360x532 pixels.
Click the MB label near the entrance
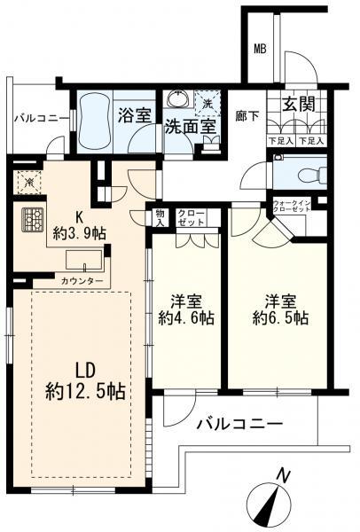pos(261,48)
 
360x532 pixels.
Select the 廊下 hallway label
pos(247,114)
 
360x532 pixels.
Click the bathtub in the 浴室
pos(92,121)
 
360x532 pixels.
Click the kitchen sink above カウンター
pos(84,260)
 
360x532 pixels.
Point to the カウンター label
pos(82,281)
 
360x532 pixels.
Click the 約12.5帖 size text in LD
pos(84,389)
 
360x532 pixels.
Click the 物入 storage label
pos(160,217)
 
